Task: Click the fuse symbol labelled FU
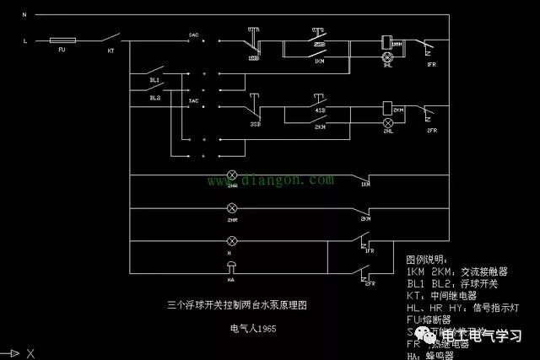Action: pos(64,40)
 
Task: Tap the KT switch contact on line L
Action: pos(110,39)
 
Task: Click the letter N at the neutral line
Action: pos(25,15)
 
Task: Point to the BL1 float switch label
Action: pos(154,80)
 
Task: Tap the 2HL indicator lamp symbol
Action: pos(389,122)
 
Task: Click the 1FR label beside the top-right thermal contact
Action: pos(431,64)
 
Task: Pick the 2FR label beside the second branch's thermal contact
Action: pos(431,131)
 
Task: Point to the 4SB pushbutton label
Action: pos(319,110)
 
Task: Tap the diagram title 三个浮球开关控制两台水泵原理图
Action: pos(246,302)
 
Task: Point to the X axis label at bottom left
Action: pos(30,352)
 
